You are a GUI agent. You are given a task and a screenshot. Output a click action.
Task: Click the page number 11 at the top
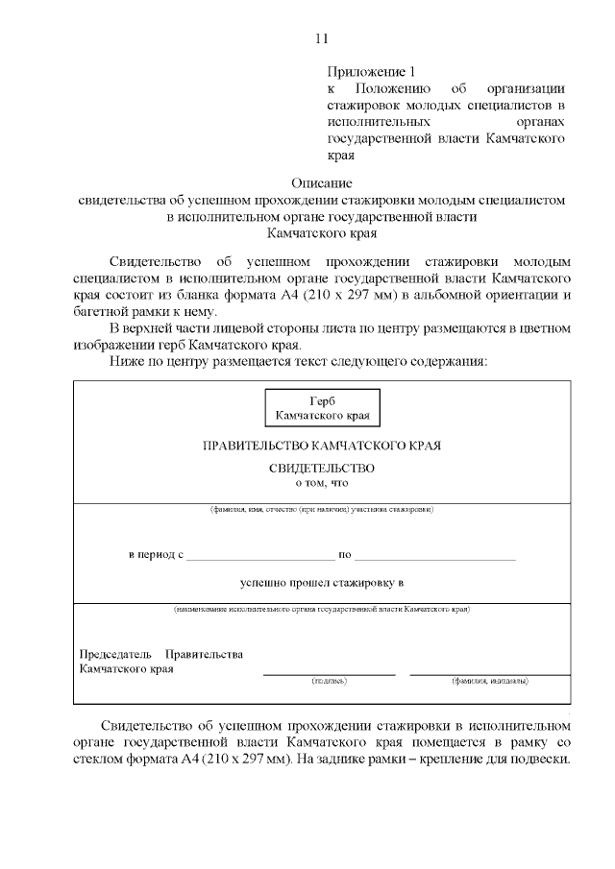[x=321, y=38]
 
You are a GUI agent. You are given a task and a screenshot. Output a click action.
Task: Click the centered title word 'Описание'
[x=322, y=182]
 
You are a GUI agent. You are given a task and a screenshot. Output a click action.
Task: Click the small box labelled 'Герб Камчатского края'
[x=322, y=408]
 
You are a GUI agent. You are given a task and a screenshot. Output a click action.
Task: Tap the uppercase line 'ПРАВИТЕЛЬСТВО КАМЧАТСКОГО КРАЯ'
[x=322, y=447]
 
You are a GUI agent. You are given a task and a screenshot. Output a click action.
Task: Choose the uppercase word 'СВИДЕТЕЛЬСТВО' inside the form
[x=322, y=469]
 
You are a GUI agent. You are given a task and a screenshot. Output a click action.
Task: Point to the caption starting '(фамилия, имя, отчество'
[x=322, y=509]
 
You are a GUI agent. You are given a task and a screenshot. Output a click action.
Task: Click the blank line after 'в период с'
[x=260, y=557]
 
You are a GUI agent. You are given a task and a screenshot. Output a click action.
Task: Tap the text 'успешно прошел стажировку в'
[x=322, y=582]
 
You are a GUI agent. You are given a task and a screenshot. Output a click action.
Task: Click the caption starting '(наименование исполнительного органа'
[x=322, y=610]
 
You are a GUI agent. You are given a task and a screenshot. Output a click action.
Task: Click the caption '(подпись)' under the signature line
[x=329, y=681]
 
